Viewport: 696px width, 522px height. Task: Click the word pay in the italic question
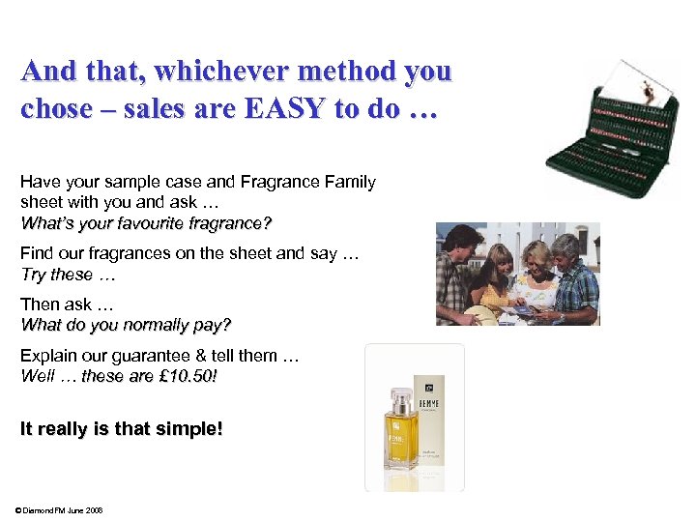[x=213, y=325]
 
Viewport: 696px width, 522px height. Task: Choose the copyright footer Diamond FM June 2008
[x=58, y=509]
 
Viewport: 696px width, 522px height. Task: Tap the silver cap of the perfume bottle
[x=398, y=398]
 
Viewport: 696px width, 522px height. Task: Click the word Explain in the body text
[x=45, y=356]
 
